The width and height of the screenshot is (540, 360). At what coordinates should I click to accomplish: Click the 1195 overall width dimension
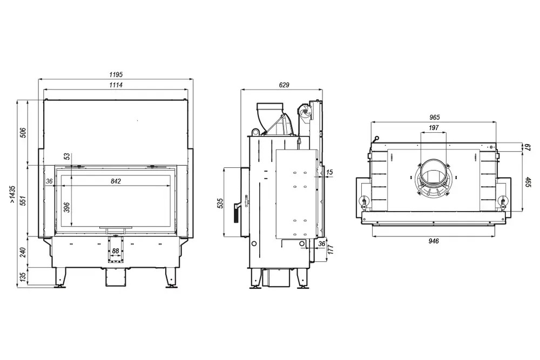116,74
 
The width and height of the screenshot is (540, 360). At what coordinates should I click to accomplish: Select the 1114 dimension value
116,85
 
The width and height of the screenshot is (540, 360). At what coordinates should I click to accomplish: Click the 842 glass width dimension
116,181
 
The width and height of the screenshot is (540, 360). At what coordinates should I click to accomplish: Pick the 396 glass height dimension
67,207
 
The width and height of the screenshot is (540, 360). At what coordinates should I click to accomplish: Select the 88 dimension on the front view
116,251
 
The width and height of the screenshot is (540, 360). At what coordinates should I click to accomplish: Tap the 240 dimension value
23,253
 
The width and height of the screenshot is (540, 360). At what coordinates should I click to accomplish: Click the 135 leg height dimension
23,277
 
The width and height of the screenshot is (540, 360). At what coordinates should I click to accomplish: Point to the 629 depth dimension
284,85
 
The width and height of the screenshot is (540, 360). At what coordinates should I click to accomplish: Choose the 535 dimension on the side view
220,203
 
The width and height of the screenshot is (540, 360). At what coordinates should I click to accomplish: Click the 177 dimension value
330,249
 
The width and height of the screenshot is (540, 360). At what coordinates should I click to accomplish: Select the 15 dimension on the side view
329,172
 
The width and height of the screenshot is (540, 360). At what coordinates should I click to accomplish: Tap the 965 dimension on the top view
435,117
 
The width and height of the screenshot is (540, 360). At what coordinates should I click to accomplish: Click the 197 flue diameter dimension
434,128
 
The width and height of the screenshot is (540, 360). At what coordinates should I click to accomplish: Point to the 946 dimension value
434,241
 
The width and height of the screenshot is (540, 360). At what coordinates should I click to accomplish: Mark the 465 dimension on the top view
528,181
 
